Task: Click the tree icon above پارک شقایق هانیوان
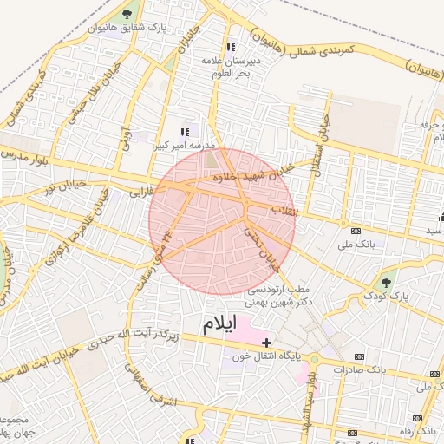[127, 14]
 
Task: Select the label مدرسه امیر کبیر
[180, 146]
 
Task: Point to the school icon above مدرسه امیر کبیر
[183, 132]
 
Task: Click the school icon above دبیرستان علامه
[230, 47]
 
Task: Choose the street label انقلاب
[283, 211]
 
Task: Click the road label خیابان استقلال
[323, 140]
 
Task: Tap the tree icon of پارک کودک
[387, 282]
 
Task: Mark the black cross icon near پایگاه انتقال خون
[266, 343]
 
